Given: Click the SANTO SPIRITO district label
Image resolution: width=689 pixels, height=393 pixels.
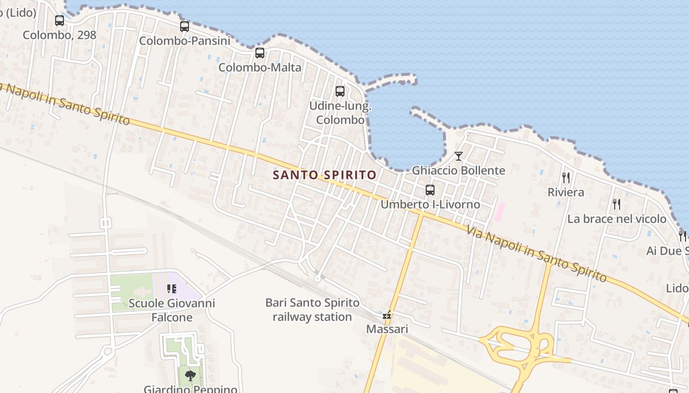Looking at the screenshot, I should click(325, 175).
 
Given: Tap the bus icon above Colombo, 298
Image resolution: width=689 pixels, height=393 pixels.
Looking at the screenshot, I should click(60, 21).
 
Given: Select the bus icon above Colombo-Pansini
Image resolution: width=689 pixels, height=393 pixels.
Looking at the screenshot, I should click(185, 27).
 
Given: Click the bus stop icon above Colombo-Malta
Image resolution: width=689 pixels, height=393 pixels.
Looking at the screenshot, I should click(260, 53).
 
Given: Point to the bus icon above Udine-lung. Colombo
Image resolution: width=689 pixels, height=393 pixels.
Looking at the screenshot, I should click(340, 91).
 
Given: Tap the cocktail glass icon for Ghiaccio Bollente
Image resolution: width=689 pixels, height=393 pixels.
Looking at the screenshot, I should click(459, 156).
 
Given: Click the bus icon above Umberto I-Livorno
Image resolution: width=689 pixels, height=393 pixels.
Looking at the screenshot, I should click(430, 190).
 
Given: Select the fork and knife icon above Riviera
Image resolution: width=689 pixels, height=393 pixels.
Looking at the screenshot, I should click(566, 178).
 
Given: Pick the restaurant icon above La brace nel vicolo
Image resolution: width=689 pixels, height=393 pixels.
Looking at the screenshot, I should click(617, 204).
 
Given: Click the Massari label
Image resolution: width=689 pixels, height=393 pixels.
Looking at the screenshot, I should click(387, 329).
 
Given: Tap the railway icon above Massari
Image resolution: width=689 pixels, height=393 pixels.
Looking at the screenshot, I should click(387, 315).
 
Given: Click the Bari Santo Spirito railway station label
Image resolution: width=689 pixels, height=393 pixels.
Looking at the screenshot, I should click(313, 310).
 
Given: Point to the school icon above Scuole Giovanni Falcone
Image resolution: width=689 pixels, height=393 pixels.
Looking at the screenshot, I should click(172, 289).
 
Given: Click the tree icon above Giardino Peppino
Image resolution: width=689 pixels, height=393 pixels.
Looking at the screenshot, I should click(189, 376).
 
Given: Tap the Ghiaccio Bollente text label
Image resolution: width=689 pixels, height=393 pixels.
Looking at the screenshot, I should click(459, 170).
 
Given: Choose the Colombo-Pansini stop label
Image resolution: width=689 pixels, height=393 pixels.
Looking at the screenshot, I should click(185, 41).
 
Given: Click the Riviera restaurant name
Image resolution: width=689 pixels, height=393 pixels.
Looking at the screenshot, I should click(566, 192).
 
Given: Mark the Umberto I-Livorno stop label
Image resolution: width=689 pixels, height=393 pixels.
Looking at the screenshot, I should click(430, 204).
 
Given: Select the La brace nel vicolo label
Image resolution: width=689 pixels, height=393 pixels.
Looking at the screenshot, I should click(617, 219).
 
